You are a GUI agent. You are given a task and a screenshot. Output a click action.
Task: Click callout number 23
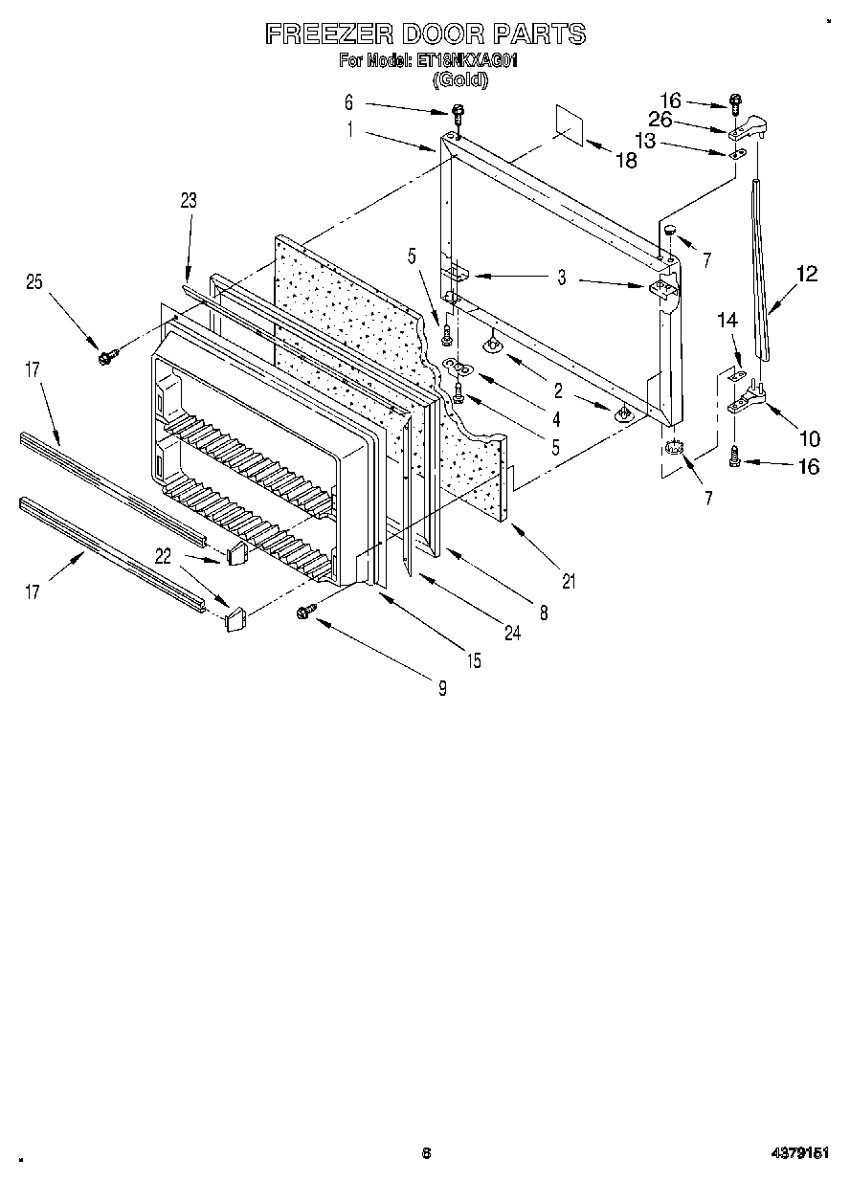click(x=189, y=200)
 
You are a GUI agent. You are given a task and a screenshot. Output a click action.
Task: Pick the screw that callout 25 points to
click(x=104, y=356)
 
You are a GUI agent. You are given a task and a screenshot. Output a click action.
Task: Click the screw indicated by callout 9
click(x=308, y=610)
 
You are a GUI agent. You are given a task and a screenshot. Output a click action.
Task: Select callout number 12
click(x=806, y=275)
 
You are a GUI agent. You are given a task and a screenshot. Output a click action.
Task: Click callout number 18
click(x=625, y=161)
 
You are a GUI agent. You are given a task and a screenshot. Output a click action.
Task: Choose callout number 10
click(x=809, y=439)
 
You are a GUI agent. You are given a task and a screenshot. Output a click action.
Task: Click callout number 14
click(x=729, y=323)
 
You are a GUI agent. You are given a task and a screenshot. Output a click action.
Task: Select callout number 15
click(x=473, y=659)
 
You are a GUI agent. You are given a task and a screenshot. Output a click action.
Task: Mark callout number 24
click(x=512, y=633)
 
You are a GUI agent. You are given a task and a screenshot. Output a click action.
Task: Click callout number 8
click(x=544, y=613)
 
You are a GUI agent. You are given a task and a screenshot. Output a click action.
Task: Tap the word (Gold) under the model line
click(x=460, y=80)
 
